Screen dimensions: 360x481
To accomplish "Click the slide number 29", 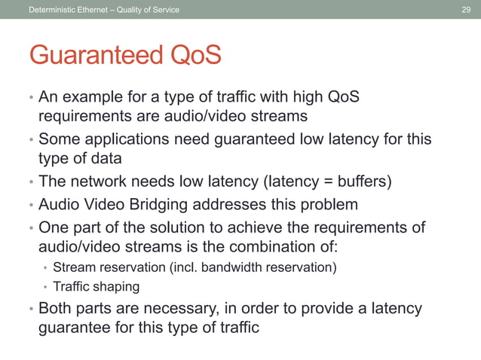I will pos(465,8).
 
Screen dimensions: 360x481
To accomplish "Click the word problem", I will pos(326,205).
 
